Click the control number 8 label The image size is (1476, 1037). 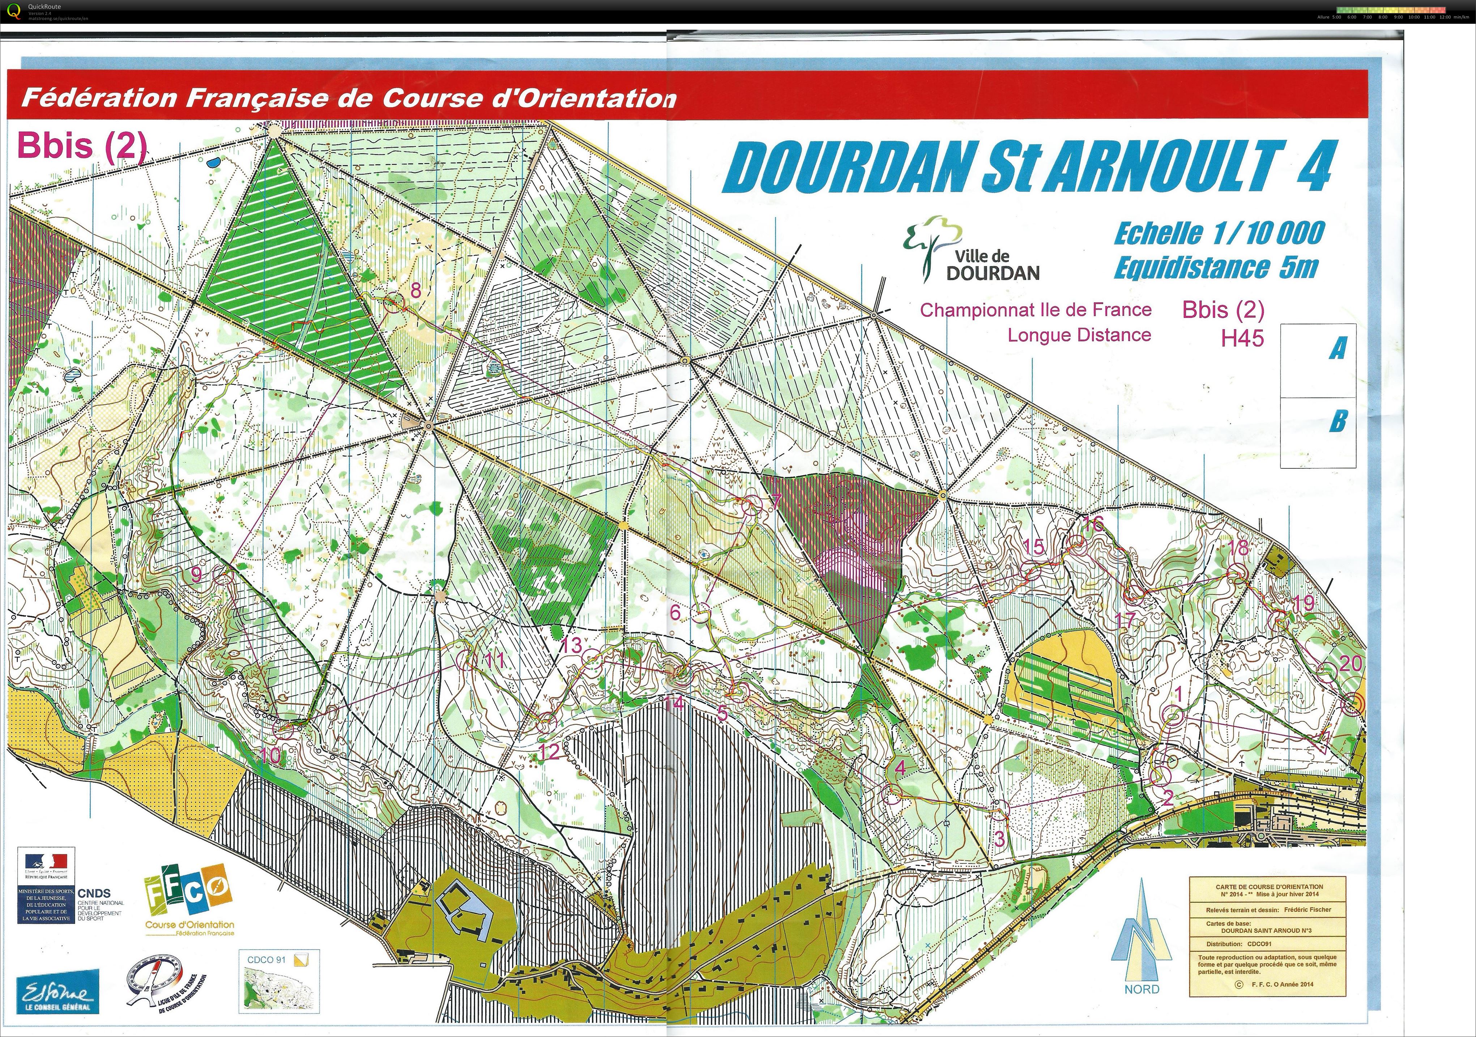pyautogui.click(x=416, y=290)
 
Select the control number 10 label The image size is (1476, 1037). pyautogui.click(x=270, y=755)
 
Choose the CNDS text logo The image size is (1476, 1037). pyautogui.click(x=94, y=893)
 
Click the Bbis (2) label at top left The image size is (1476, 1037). pyautogui.click(x=82, y=145)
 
